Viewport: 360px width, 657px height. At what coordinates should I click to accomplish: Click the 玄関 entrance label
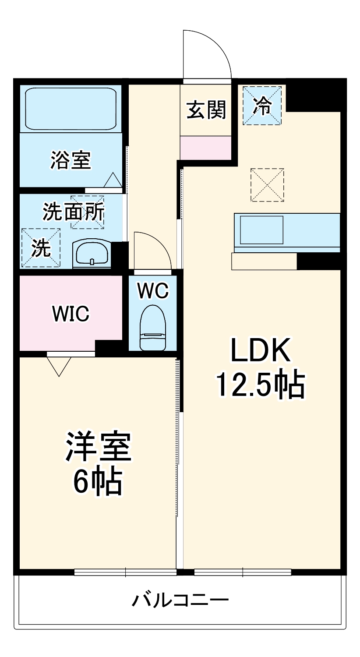pyautogui.click(x=206, y=109)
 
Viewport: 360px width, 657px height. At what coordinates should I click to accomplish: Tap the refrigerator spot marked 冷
pyautogui.click(x=262, y=106)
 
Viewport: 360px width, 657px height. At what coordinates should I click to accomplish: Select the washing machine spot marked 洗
pyautogui.click(x=40, y=248)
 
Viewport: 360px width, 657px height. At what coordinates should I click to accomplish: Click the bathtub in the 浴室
pyautogui.click(x=71, y=108)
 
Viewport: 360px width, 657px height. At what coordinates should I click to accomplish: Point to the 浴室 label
pyautogui.click(x=71, y=160)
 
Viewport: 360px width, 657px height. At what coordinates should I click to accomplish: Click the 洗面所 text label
pyautogui.click(x=73, y=212)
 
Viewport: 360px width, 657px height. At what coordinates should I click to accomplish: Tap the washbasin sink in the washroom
pyautogui.click(x=92, y=254)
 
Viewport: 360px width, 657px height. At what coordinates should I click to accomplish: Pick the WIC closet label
pyautogui.click(x=71, y=313)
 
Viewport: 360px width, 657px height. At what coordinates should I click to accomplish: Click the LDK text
pyautogui.click(x=261, y=350)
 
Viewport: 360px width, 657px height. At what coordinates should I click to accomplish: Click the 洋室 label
pyautogui.click(x=98, y=447)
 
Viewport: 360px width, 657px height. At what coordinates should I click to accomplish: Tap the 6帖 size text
pyautogui.click(x=96, y=482)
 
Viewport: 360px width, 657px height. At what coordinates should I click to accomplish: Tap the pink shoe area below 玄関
pyautogui.click(x=206, y=148)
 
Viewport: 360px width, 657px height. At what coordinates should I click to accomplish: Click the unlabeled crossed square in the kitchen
pyautogui.click(x=267, y=185)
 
